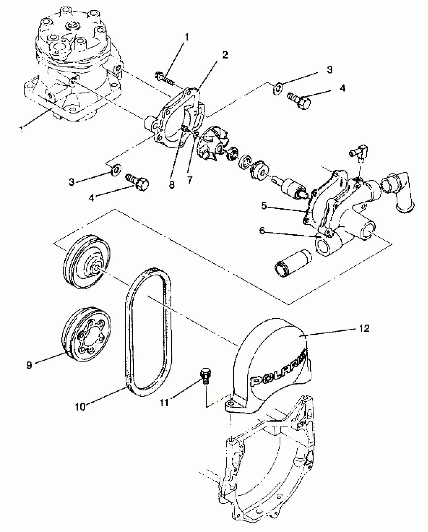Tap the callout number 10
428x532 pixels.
(x=80, y=407)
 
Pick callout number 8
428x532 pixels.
(x=171, y=185)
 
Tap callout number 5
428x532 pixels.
(x=264, y=206)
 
